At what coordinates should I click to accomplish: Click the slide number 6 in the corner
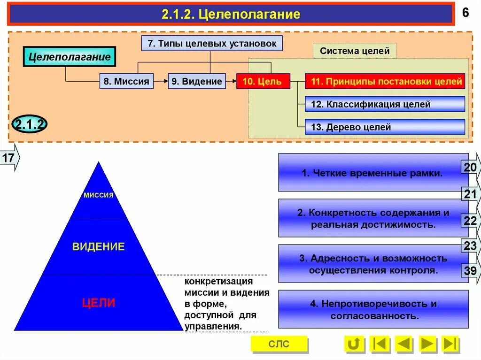click(x=465, y=13)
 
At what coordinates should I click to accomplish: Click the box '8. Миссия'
click(x=126, y=82)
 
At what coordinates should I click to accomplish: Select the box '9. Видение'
click(x=196, y=82)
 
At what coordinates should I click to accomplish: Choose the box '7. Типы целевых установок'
click(x=212, y=44)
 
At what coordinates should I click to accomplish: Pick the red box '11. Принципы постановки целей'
click(x=385, y=82)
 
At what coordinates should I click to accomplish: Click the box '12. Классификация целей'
click(x=385, y=104)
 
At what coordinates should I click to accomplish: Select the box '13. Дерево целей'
click(x=385, y=127)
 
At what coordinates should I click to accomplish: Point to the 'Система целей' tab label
click(x=355, y=51)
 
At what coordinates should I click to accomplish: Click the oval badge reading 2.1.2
click(x=30, y=124)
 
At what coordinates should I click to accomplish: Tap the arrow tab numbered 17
click(x=9, y=158)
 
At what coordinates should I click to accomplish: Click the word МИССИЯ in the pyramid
click(x=99, y=195)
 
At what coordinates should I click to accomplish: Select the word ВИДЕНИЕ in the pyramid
click(x=99, y=247)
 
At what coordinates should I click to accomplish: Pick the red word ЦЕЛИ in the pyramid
click(x=99, y=303)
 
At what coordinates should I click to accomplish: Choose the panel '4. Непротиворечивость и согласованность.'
click(x=373, y=310)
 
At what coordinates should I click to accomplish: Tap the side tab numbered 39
click(x=471, y=271)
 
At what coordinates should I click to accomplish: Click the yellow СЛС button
click(x=279, y=344)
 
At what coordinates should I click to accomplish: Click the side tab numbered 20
click(x=471, y=168)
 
